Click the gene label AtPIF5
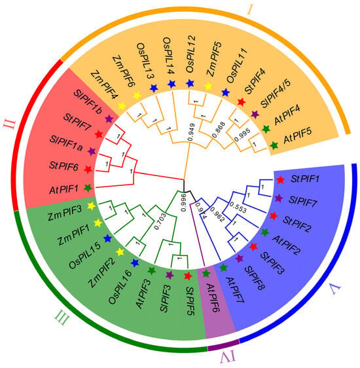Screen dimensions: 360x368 298,136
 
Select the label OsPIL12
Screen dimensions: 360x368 190,54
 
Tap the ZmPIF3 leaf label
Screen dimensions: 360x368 65,213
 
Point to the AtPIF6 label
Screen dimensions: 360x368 213,297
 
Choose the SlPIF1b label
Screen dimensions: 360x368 88,102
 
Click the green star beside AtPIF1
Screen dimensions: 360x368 88,188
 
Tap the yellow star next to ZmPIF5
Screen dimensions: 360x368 207,86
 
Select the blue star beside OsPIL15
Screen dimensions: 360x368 107,238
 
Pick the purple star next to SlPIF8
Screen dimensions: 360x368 239,259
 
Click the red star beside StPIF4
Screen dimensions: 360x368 242,102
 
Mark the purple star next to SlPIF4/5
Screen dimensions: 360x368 255,115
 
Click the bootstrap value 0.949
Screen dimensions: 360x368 192,132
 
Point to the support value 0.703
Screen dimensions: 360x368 160,221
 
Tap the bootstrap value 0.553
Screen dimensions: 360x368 238,207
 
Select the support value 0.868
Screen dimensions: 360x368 219,130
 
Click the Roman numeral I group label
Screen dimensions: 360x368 250,10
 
